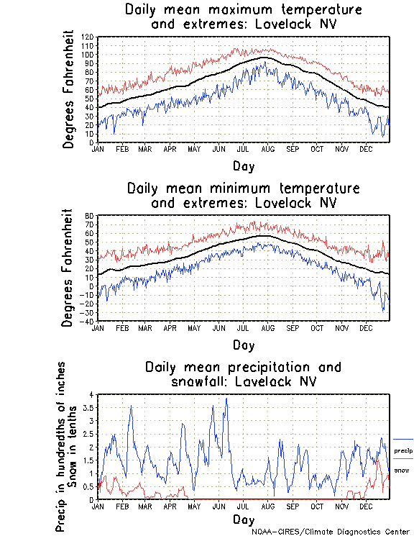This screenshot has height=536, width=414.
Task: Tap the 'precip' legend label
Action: click(x=403, y=450)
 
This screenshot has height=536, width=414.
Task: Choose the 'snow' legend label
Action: click(x=402, y=470)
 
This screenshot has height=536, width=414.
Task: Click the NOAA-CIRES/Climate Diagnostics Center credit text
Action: click(x=331, y=532)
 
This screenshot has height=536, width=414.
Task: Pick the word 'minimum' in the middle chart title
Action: click(x=239, y=188)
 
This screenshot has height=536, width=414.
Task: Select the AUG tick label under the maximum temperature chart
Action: click(x=267, y=149)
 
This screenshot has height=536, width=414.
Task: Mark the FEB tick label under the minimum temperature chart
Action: click(x=122, y=327)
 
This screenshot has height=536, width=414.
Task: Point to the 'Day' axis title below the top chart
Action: click(x=243, y=166)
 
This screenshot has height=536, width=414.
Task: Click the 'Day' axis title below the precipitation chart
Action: click(x=243, y=519)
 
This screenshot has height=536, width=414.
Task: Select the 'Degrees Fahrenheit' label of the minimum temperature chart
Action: click(x=69, y=268)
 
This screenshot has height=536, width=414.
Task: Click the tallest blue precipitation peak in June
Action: click(x=227, y=399)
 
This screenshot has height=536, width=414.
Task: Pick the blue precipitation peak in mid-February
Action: click(x=131, y=406)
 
